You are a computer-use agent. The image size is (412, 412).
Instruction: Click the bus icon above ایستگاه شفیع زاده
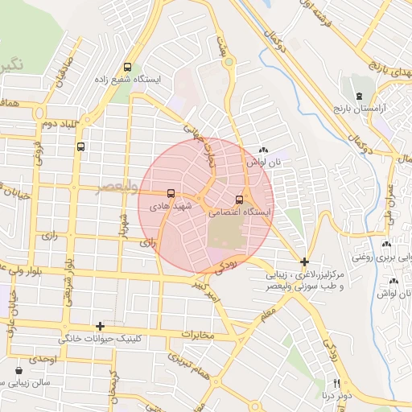tap(128, 68)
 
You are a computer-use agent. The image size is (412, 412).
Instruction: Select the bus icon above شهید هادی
tap(171, 193)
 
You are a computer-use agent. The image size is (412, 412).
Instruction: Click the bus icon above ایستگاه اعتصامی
tap(239, 200)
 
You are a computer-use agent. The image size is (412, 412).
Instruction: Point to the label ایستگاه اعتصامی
tap(240, 213)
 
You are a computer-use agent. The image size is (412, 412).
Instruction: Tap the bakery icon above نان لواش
tap(263, 150)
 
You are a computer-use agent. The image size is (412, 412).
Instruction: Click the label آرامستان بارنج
tap(381, 107)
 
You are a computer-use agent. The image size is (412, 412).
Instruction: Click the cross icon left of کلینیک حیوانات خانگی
tap(100, 326)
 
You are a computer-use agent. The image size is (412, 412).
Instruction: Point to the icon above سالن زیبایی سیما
tap(19, 371)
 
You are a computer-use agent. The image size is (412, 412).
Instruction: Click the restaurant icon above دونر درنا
tap(337, 383)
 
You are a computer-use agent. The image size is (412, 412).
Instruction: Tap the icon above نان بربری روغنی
tap(386, 244)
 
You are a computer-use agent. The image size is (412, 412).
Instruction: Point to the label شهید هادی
tap(171, 207)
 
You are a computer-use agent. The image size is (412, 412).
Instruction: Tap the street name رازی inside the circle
tap(147, 240)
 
